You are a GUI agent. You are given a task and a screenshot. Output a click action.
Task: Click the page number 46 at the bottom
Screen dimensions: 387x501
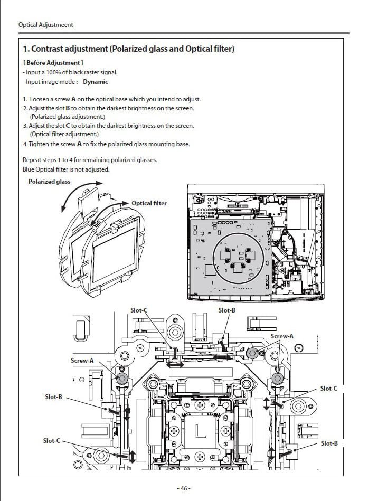tap(184, 488)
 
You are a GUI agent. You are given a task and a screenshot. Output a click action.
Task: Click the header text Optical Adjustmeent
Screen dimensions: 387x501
tap(45, 25)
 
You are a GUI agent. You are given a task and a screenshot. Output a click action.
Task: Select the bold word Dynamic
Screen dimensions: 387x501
tap(95, 82)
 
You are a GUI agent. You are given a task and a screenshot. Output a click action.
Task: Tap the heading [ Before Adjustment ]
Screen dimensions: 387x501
tap(53, 63)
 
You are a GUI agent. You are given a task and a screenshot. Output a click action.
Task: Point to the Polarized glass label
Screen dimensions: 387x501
tap(49, 182)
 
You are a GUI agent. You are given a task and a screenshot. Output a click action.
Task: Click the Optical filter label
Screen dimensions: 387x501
tap(149, 203)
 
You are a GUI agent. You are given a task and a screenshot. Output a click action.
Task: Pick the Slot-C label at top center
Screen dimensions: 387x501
tap(139, 310)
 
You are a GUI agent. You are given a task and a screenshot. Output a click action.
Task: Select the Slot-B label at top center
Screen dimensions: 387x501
tap(226, 310)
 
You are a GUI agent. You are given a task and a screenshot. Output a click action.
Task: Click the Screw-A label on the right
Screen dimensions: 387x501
tap(281, 336)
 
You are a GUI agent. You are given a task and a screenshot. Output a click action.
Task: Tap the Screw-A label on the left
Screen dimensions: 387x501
tap(82, 361)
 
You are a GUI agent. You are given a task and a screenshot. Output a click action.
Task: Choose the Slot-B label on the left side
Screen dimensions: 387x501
tap(53, 397)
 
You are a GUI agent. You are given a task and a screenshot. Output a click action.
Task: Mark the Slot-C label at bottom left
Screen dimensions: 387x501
tap(51, 441)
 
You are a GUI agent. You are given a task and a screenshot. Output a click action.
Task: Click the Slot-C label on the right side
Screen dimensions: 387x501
tap(328, 389)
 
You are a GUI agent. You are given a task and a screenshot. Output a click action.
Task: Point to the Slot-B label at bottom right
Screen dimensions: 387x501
tap(329, 443)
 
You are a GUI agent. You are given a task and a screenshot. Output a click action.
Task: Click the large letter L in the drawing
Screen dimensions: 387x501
tap(201, 431)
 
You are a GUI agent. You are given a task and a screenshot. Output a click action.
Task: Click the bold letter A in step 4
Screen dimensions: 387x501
tap(79, 144)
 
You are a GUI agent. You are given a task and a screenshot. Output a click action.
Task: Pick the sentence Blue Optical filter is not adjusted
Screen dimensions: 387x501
tap(66, 169)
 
